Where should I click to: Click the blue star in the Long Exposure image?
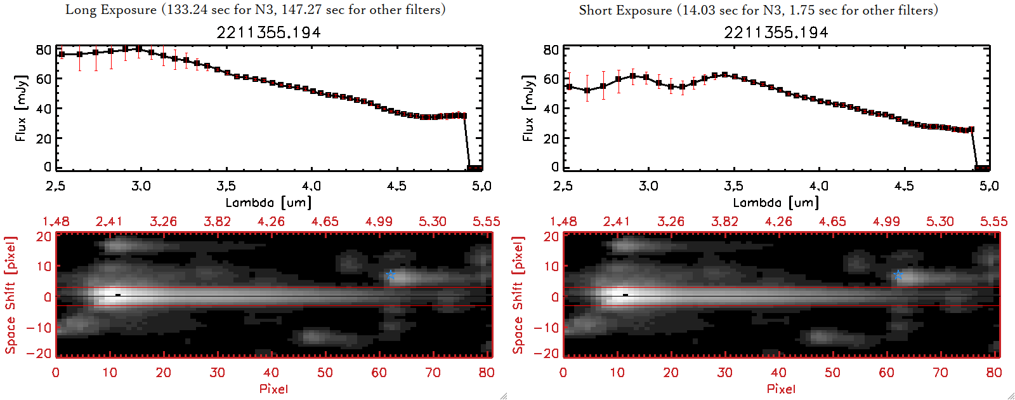tap(391, 275)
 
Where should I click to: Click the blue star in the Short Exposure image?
tap(898, 275)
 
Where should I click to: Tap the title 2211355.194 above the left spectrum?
tap(268, 32)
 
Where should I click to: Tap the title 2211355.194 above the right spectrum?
tap(776, 32)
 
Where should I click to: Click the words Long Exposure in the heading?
tap(111, 10)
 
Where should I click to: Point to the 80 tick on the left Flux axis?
tap(43, 50)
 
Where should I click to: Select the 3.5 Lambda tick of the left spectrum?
tap(226, 186)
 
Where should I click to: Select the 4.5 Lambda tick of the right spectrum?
tap(904, 186)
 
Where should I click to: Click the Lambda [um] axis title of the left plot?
tap(268, 203)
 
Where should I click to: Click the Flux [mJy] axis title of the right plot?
tap(528, 108)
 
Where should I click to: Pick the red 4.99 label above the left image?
tap(379, 222)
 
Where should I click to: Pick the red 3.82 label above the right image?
tap(724, 222)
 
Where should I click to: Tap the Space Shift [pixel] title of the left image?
tap(10, 295)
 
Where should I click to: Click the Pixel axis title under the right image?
tap(781, 389)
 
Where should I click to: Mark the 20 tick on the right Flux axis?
tap(551, 138)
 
